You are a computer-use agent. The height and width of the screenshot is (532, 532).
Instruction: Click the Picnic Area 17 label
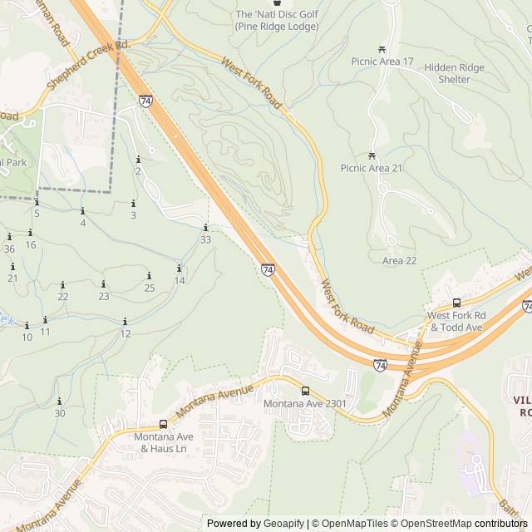[382, 62]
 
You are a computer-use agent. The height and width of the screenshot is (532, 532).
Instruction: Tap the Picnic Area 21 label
[372, 168]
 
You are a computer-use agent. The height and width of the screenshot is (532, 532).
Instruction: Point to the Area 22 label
[399, 261]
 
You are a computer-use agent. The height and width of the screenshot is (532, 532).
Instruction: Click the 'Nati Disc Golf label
[276, 21]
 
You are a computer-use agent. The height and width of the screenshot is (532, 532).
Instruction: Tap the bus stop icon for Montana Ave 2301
[305, 391]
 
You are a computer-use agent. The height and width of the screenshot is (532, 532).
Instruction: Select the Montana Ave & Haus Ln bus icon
[163, 423]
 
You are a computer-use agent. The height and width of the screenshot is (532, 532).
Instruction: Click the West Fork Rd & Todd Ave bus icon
[456, 303]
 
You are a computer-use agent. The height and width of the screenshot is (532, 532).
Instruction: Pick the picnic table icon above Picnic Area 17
[382, 49]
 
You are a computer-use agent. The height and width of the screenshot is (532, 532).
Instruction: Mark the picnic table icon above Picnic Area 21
[372, 155]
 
